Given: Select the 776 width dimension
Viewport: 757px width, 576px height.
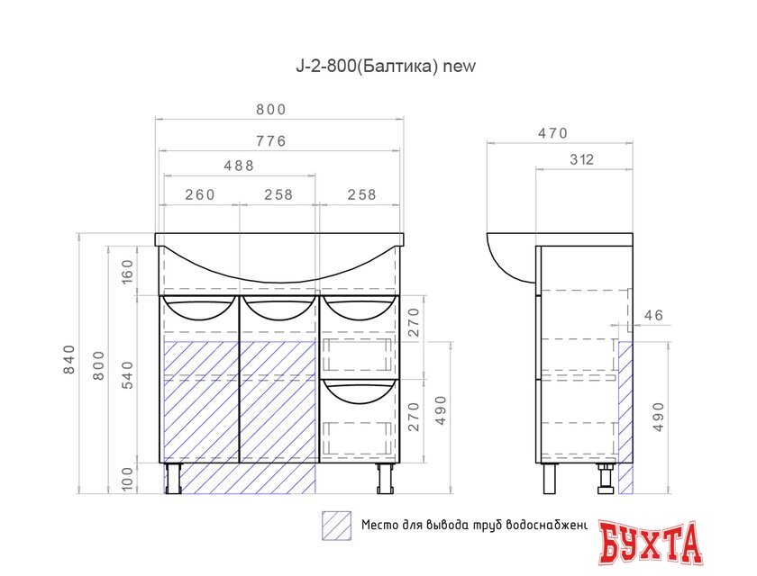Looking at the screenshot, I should click(270, 140).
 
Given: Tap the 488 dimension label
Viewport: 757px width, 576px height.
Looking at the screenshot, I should click(239, 166).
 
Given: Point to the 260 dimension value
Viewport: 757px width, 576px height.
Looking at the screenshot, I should click(199, 195).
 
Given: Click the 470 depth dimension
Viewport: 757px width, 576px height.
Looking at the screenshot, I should click(552, 133).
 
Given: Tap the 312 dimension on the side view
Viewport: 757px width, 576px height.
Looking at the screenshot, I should click(581, 160).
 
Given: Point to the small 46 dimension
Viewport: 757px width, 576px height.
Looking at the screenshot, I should click(653, 315).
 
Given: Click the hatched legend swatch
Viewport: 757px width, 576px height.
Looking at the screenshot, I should click(336, 525).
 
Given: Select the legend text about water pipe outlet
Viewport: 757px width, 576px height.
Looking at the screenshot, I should click(473, 525).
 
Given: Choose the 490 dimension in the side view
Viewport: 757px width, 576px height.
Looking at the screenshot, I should click(659, 417).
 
